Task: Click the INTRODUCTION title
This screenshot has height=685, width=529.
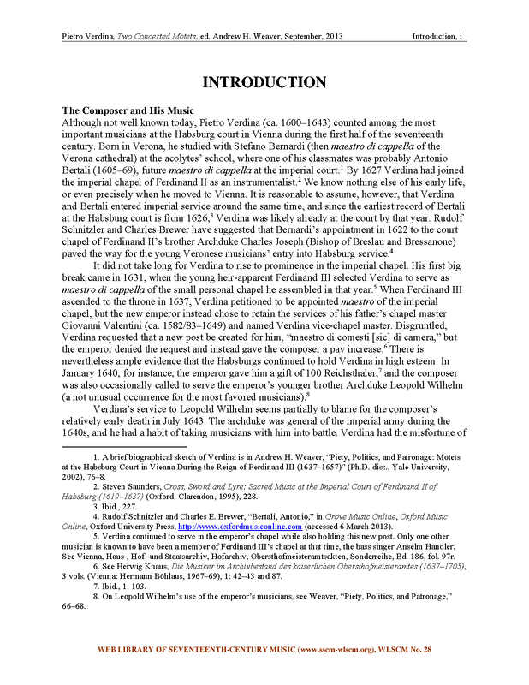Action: [x=264, y=83]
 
